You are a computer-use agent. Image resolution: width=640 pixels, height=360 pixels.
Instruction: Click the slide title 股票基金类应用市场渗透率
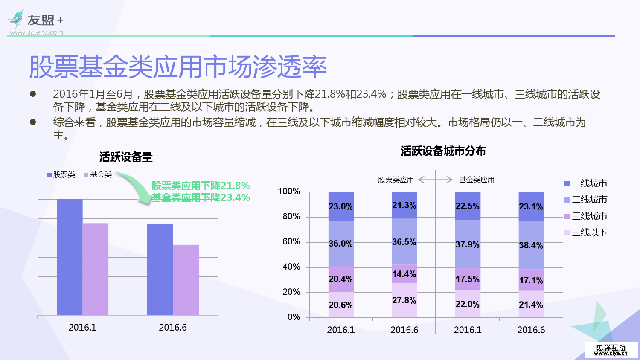tap(177, 67)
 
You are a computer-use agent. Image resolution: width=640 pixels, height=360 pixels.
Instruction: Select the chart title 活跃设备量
tap(126, 157)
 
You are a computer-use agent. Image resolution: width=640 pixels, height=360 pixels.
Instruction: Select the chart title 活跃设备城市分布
tap(443, 151)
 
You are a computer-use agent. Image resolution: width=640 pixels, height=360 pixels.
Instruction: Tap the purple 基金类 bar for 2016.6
tap(186, 280)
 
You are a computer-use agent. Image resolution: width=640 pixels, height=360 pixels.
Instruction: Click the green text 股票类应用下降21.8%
tap(201, 186)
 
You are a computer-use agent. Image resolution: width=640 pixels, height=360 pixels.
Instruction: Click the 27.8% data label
tap(404, 300)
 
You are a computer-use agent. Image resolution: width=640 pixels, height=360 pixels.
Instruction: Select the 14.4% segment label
tap(404, 274)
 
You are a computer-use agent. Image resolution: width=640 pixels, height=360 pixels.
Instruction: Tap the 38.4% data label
tap(531, 245)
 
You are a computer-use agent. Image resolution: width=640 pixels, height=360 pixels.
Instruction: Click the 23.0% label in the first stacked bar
tap(340, 206)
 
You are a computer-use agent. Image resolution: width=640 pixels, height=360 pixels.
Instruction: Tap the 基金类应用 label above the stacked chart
tap(477, 180)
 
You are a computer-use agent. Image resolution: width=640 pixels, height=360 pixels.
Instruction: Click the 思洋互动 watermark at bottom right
tap(611, 350)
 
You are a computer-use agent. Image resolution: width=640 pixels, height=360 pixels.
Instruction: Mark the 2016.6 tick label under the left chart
tap(173, 327)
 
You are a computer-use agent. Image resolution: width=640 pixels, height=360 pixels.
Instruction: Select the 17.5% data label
tap(467, 279)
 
